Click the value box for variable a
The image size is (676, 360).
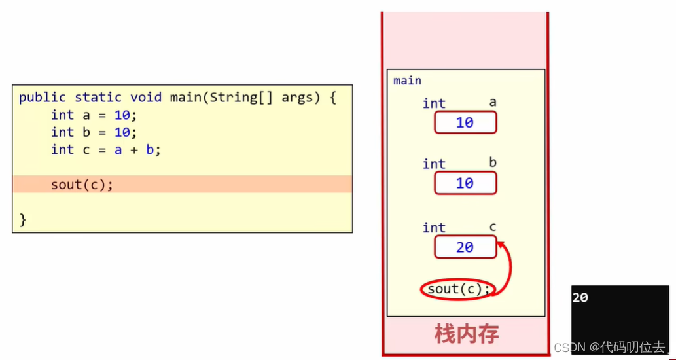tap(465, 122)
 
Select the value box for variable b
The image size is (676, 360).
tap(465, 183)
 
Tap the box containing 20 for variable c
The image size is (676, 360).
tap(465, 247)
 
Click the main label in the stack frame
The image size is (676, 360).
tap(407, 81)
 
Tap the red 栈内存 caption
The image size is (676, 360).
tap(467, 334)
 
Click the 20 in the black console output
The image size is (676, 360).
tap(580, 298)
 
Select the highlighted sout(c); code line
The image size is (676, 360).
tap(82, 185)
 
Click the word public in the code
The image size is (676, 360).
tap(43, 98)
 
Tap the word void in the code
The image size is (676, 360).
tap(146, 98)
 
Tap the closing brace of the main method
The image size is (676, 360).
tap(23, 220)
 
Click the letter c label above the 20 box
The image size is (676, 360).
tap(493, 227)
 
